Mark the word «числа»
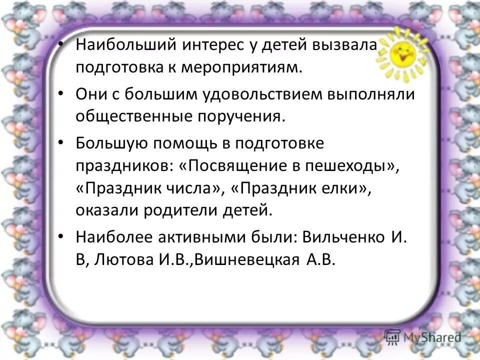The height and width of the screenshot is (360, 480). pos(195,189)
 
